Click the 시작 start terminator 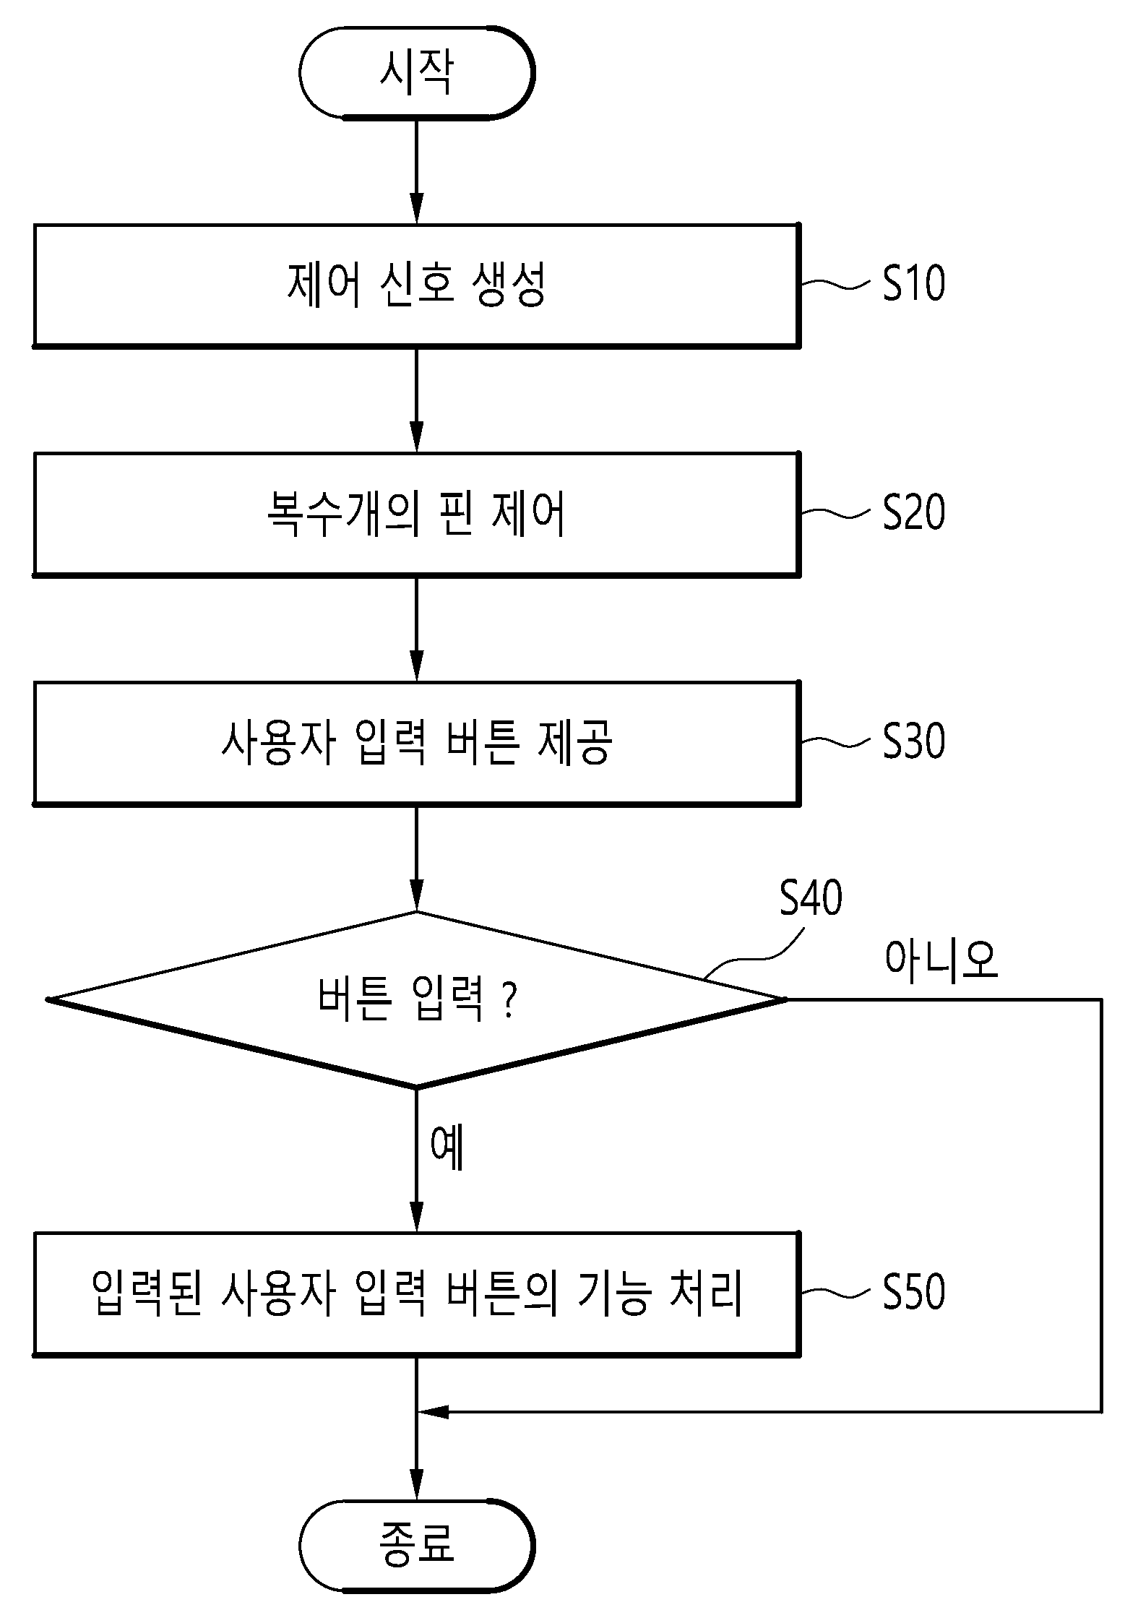point(417,72)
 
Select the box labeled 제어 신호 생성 point(417,285)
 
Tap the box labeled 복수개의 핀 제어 point(417,514)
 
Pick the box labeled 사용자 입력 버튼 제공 point(417,742)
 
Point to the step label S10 point(913,283)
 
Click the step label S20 point(913,512)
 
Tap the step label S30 point(913,741)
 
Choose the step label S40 point(811,898)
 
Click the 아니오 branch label point(941,960)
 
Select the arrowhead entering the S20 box point(417,436)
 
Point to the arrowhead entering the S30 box point(417,666)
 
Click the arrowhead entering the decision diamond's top point(417,896)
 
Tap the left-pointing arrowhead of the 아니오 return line point(433,1411)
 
